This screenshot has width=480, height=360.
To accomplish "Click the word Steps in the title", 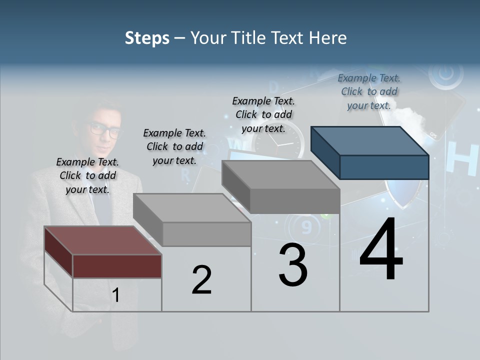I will coord(147,38).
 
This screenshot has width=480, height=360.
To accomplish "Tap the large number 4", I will coord(381,249).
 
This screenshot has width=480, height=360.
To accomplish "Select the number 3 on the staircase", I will coord(293,265).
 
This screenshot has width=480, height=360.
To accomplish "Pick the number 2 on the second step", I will coord(201,280).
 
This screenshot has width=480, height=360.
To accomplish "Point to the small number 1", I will coord(116,295).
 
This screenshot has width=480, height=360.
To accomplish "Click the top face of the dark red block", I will coord(102,240).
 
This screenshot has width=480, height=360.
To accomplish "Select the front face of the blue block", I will coord(384,167).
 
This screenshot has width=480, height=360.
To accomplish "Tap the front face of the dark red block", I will coord(117,266).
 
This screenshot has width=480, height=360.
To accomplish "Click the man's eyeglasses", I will coord(106,130).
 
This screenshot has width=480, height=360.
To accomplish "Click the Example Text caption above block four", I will coord(369,91).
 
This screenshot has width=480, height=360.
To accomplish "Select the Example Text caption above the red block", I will coord(87,175).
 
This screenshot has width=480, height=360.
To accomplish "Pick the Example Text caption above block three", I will coord(263,114).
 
